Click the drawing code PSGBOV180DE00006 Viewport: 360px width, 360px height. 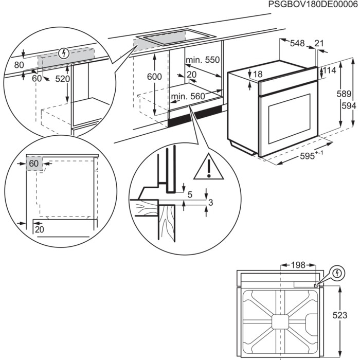click(x=313, y=5)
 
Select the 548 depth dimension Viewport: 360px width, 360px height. click(x=297, y=44)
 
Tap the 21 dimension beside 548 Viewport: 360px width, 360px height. click(x=319, y=44)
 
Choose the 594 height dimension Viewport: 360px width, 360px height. click(x=348, y=105)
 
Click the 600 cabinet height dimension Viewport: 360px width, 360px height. click(x=154, y=77)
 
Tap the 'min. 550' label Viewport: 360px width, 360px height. click(x=203, y=60)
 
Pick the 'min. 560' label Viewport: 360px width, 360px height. click(x=188, y=96)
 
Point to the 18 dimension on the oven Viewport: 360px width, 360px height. click(x=257, y=75)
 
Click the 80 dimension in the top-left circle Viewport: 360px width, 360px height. click(x=19, y=65)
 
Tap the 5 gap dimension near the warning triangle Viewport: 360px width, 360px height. click(x=190, y=194)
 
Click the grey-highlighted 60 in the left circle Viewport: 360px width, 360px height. click(x=34, y=164)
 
